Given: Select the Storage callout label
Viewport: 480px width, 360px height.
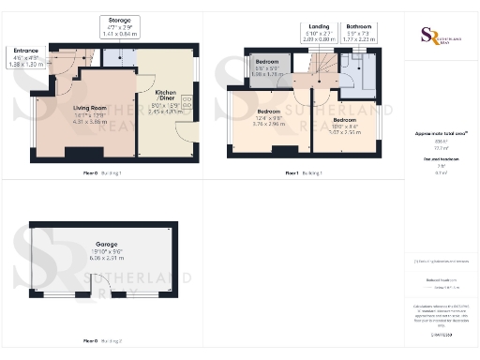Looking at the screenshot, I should (x=119, y=20).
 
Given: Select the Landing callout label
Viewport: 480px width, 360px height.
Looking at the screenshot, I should (x=318, y=27).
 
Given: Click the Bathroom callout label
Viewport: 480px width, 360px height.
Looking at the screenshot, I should (x=358, y=27).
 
